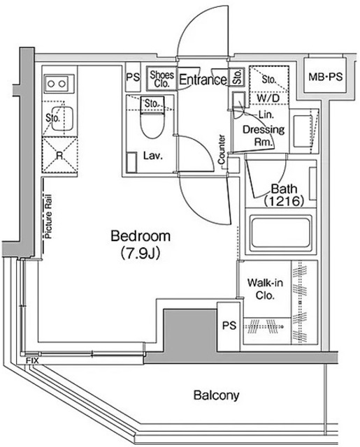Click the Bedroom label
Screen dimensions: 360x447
141,236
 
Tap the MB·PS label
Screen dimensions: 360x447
325,76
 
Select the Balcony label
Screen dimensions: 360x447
216,395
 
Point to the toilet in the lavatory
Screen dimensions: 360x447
152,118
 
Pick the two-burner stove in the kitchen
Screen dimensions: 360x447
58,84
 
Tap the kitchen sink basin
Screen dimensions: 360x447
62,118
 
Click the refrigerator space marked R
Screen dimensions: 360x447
59,155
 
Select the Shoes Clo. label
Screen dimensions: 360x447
161,79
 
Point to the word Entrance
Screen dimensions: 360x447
203,80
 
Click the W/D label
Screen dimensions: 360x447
268,98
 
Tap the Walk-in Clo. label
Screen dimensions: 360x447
265,289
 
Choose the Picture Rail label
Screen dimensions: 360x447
48,217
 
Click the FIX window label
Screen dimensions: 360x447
32,360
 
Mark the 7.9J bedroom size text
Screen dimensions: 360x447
141,253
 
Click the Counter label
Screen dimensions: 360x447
222,149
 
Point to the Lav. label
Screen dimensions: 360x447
153,156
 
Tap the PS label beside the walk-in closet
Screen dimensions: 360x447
229,325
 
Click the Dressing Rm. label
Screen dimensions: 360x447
264,135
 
